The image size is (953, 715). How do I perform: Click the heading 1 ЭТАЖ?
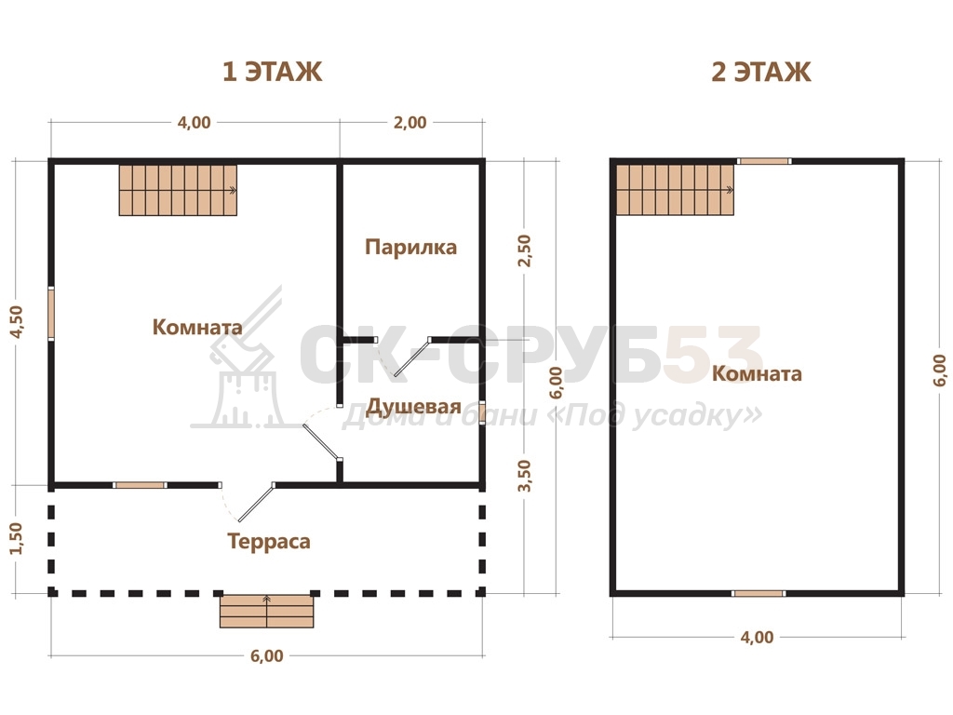(x=272, y=72)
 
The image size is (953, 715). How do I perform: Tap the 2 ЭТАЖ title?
(x=761, y=72)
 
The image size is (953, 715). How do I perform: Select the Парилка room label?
(x=410, y=248)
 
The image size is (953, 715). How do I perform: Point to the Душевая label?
(x=413, y=406)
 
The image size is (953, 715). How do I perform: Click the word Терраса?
(x=269, y=541)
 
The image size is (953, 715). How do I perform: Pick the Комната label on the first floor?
(x=197, y=327)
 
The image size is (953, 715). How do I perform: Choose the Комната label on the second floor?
(x=757, y=373)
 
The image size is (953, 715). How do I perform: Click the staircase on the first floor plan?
(x=178, y=190)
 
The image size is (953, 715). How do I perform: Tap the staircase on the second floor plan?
(x=675, y=190)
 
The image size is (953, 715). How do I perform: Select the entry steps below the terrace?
(x=267, y=611)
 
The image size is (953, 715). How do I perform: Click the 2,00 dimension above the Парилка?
(x=409, y=122)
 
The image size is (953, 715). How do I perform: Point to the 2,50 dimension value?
(x=524, y=250)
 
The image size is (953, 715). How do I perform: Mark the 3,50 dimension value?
(x=524, y=476)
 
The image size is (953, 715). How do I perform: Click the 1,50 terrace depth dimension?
(x=16, y=538)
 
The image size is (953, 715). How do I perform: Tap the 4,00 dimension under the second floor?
(x=757, y=637)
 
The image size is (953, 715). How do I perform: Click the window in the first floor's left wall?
(x=51, y=313)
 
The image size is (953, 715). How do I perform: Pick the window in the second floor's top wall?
(x=764, y=161)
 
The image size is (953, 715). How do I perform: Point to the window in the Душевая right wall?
(x=481, y=412)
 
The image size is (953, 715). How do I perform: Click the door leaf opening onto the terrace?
(x=256, y=503)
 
